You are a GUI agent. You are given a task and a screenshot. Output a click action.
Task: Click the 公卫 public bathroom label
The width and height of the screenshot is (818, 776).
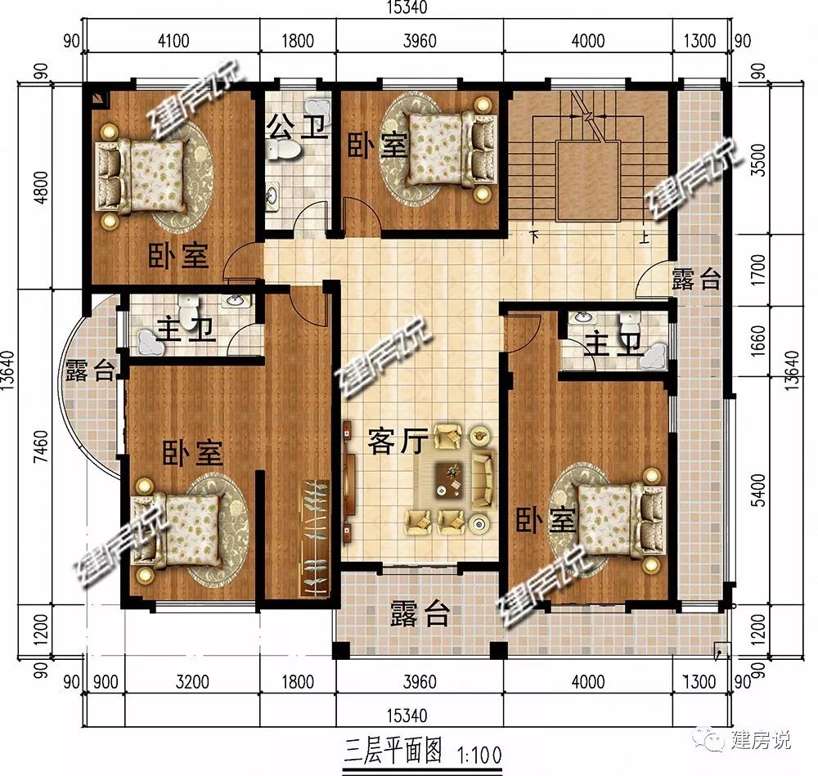click(299, 128)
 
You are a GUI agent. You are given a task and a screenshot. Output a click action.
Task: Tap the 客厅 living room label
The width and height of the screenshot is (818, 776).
click(398, 442)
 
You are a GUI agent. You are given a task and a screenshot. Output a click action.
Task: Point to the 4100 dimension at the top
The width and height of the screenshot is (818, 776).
click(173, 41)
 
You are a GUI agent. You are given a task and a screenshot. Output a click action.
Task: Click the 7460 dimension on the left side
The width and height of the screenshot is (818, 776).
click(41, 446)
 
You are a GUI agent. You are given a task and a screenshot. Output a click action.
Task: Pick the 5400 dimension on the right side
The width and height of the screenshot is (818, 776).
click(760, 491)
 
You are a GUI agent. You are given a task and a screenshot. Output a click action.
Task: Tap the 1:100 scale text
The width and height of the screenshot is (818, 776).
click(479, 755)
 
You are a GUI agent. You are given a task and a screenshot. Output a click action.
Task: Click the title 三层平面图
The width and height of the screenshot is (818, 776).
click(393, 751)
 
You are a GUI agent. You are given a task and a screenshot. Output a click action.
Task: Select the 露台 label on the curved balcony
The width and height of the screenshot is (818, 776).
click(90, 371)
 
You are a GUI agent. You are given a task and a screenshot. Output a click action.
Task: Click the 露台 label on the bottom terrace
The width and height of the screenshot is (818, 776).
click(420, 613)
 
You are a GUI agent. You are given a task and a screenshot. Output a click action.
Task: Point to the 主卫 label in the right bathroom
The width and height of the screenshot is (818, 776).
click(614, 345)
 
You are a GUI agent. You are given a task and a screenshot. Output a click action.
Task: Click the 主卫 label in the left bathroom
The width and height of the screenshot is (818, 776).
click(187, 330)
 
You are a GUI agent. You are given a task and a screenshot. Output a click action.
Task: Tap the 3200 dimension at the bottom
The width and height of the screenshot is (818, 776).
click(192, 682)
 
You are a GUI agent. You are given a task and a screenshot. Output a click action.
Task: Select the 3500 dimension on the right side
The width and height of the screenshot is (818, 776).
click(760, 160)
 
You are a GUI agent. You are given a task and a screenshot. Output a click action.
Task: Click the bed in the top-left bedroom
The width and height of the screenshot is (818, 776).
click(141, 176)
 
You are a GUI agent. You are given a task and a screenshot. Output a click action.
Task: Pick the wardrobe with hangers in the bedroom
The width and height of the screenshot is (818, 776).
click(315, 538)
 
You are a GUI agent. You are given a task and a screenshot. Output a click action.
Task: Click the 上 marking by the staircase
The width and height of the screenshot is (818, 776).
click(645, 237)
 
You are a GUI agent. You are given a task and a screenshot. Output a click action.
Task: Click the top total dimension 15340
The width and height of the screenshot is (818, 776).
click(407, 7)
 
